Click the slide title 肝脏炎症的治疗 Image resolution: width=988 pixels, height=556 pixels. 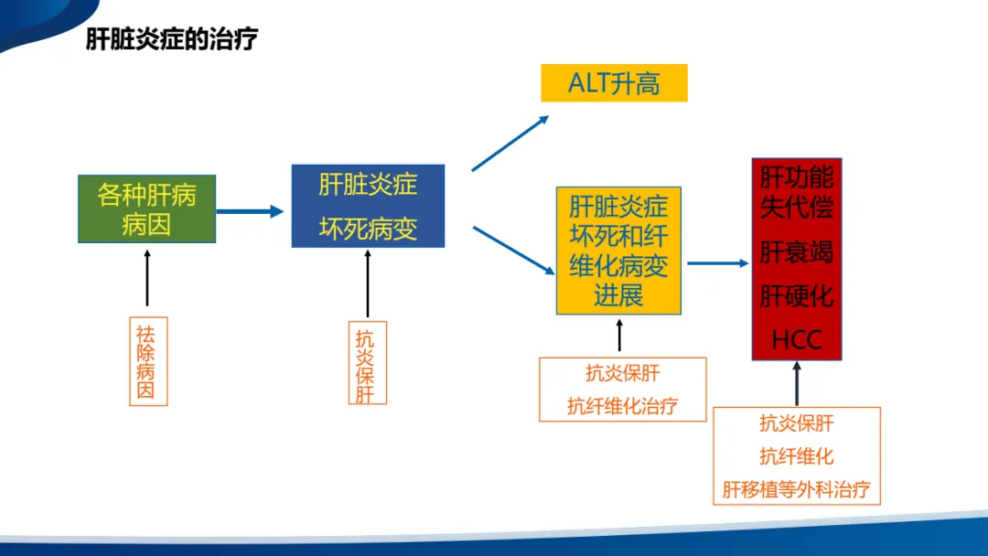tap(171, 39)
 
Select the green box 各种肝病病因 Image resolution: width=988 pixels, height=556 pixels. tap(146, 209)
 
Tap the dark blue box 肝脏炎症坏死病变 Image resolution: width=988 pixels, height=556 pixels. tap(368, 206)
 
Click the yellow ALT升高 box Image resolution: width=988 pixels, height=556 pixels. tap(615, 82)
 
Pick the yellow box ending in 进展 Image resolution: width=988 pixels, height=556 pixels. tap(618, 251)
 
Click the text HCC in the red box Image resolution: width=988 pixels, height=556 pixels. tap(797, 340)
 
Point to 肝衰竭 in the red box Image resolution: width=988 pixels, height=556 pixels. tap(797, 251)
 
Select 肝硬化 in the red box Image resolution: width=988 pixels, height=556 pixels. tap(797, 296)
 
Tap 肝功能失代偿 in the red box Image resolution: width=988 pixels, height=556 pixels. tap(797, 192)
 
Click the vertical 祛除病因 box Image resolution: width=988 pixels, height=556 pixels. tap(149, 361)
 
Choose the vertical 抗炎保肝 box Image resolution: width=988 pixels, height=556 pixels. tap(368, 363)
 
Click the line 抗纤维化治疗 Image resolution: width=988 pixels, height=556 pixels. tap(623, 406)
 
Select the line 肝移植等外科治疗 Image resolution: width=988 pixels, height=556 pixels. tap(797, 489)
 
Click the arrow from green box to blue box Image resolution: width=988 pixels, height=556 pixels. tap(250, 211)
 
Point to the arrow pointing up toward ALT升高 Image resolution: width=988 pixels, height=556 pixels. tap(510, 143)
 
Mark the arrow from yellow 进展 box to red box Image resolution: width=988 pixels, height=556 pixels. tap(718, 263)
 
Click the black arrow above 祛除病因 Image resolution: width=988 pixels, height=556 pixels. tap(147, 278)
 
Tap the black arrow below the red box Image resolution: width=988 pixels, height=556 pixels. tap(797, 383)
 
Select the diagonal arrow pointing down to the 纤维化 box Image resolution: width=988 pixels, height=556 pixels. tap(513, 251)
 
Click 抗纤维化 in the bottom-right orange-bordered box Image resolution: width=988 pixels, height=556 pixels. tap(797, 456)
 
